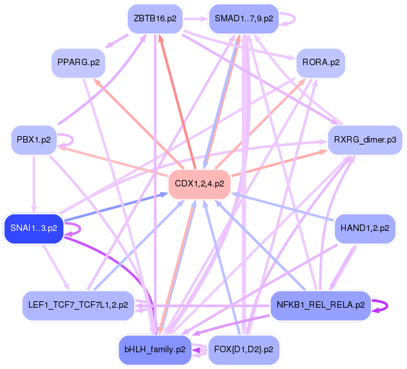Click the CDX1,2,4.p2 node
(x=200, y=184)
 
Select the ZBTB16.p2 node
(x=155, y=19)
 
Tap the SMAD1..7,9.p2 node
(x=243, y=19)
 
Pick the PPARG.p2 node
(x=79, y=63)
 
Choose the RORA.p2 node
(x=321, y=63)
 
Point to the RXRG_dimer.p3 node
(x=365, y=139)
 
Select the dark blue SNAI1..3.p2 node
(x=34, y=228)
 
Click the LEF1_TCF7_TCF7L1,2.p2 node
(x=78, y=304)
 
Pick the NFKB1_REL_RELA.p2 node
(x=321, y=304)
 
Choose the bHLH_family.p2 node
(x=155, y=349)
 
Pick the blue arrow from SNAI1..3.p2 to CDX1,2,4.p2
(x=116, y=204)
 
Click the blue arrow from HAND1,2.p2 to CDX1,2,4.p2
(x=284, y=206)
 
